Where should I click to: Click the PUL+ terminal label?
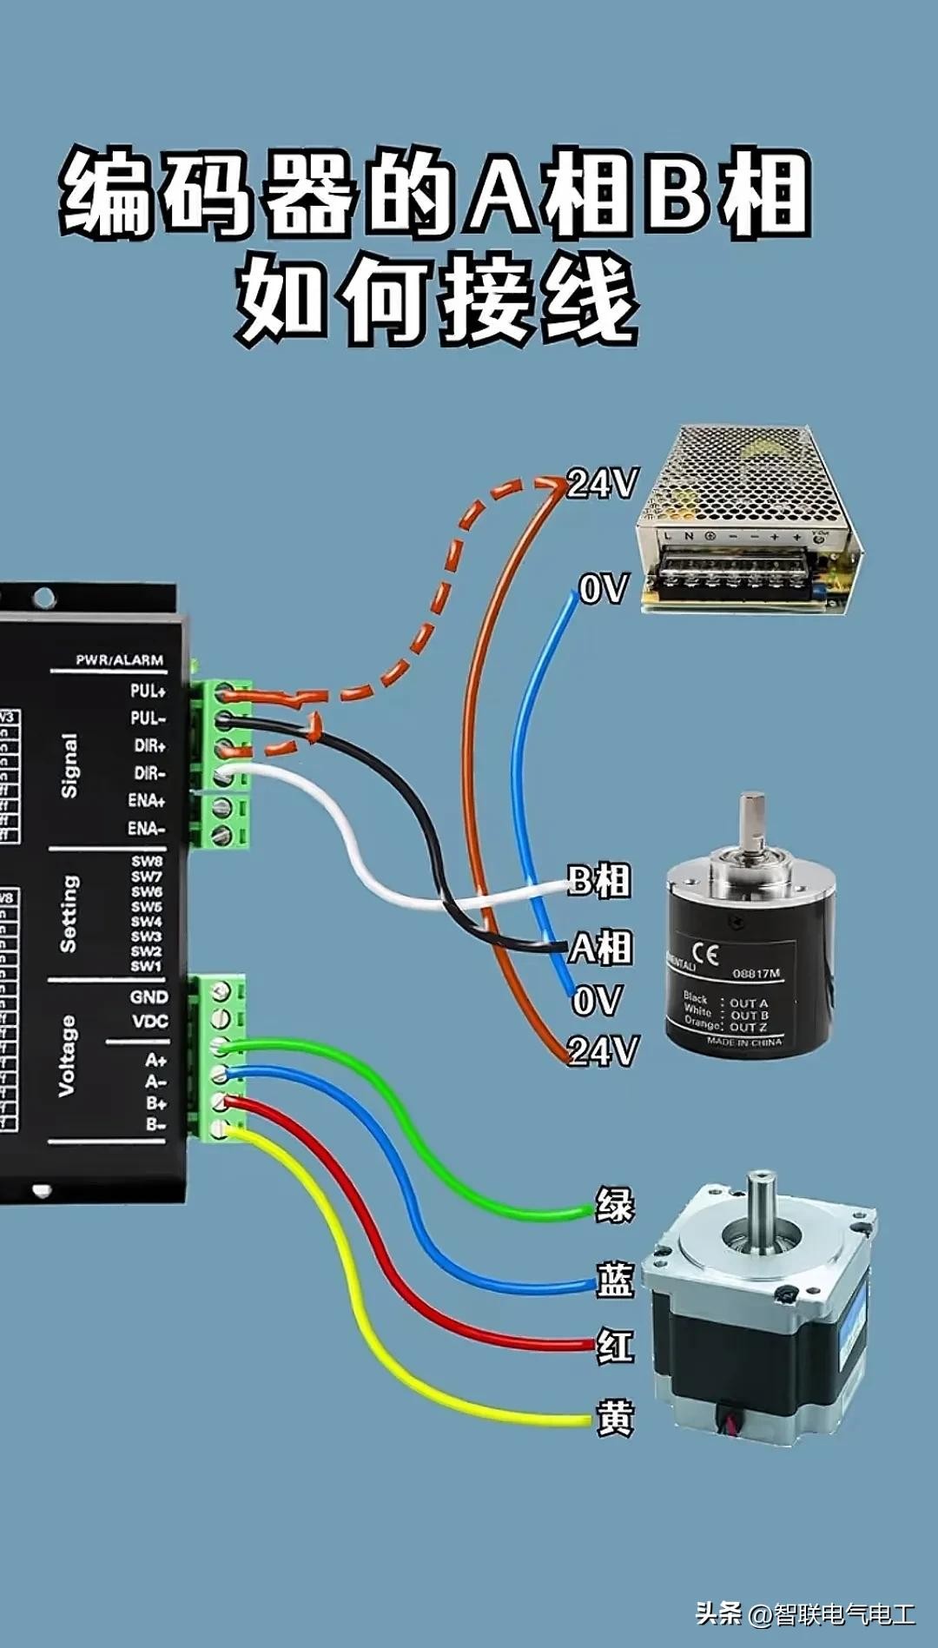pyautogui.click(x=148, y=692)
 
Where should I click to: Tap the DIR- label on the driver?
pyautogui.click(x=149, y=773)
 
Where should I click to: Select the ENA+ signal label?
pyautogui.click(x=147, y=801)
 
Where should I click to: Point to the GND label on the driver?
pyautogui.click(x=149, y=997)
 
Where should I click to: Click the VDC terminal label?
pyautogui.click(x=149, y=1022)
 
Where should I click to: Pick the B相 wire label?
pyautogui.click(x=598, y=881)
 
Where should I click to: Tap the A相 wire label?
pyautogui.click(x=600, y=948)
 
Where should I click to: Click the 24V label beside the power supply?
pyautogui.click(x=603, y=484)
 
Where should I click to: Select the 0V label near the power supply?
pyautogui.click(x=603, y=591)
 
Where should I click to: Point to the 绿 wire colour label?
pyautogui.click(x=615, y=1206)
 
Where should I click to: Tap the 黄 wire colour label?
pyautogui.click(x=615, y=1419)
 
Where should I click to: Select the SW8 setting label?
pyautogui.click(x=147, y=862)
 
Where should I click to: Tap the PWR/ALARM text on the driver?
pyautogui.click(x=119, y=660)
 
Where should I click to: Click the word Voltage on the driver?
pyautogui.click(x=67, y=1056)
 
